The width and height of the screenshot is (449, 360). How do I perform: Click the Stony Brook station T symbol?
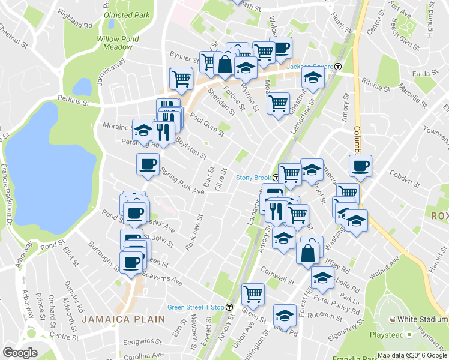[x=276, y=178]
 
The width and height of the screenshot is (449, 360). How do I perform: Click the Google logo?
[x=20, y=353]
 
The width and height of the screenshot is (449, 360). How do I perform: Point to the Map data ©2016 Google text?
[x=412, y=355]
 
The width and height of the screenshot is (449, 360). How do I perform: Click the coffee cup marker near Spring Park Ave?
[x=148, y=164]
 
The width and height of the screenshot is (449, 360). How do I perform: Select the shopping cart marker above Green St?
[x=253, y=294]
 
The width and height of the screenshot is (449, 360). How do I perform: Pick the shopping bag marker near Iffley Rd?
[x=307, y=252]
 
